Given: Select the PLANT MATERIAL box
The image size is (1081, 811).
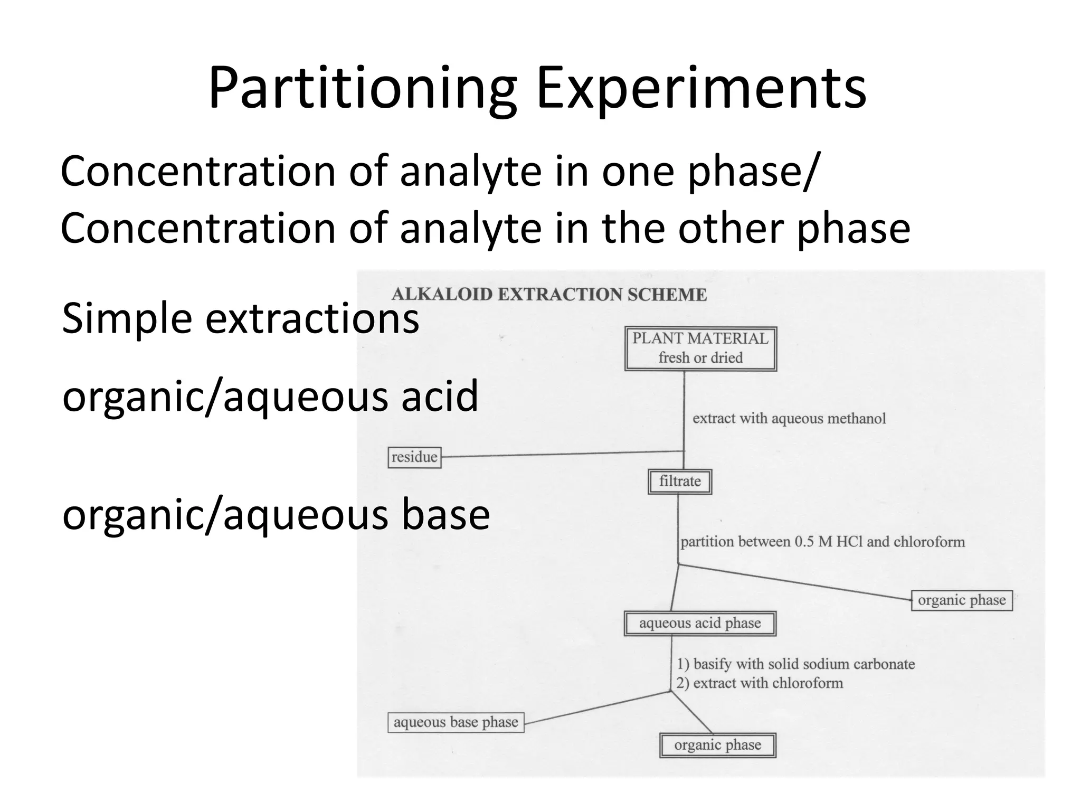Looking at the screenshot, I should (x=700, y=348).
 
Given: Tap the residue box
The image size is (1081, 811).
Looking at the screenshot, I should (x=414, y=457).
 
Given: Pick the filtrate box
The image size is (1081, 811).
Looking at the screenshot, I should (x=680, y=482).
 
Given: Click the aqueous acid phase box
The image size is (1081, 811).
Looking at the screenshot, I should (x=700, y=624).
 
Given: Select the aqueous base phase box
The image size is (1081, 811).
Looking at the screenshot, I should (x=456, y=722).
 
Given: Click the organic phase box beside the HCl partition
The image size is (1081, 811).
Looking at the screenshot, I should (x=962, y=600).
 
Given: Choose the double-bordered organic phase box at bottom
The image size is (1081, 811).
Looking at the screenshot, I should (x=718, y=746).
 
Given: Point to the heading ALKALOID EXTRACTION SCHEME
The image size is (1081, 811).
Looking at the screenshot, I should (x=549, y=295).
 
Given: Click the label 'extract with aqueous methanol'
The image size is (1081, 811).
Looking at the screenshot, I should (x=789, y=419).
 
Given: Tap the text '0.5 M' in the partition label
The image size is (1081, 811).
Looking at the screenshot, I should (x=813, y=542).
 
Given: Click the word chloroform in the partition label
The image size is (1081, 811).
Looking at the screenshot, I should (x=929, y=542).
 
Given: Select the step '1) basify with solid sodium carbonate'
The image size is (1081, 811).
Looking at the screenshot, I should (x=796, y=664).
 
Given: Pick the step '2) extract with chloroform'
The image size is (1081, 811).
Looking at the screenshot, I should (x=760, y=683).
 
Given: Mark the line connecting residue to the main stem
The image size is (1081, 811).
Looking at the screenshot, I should (x=562, y=454).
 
